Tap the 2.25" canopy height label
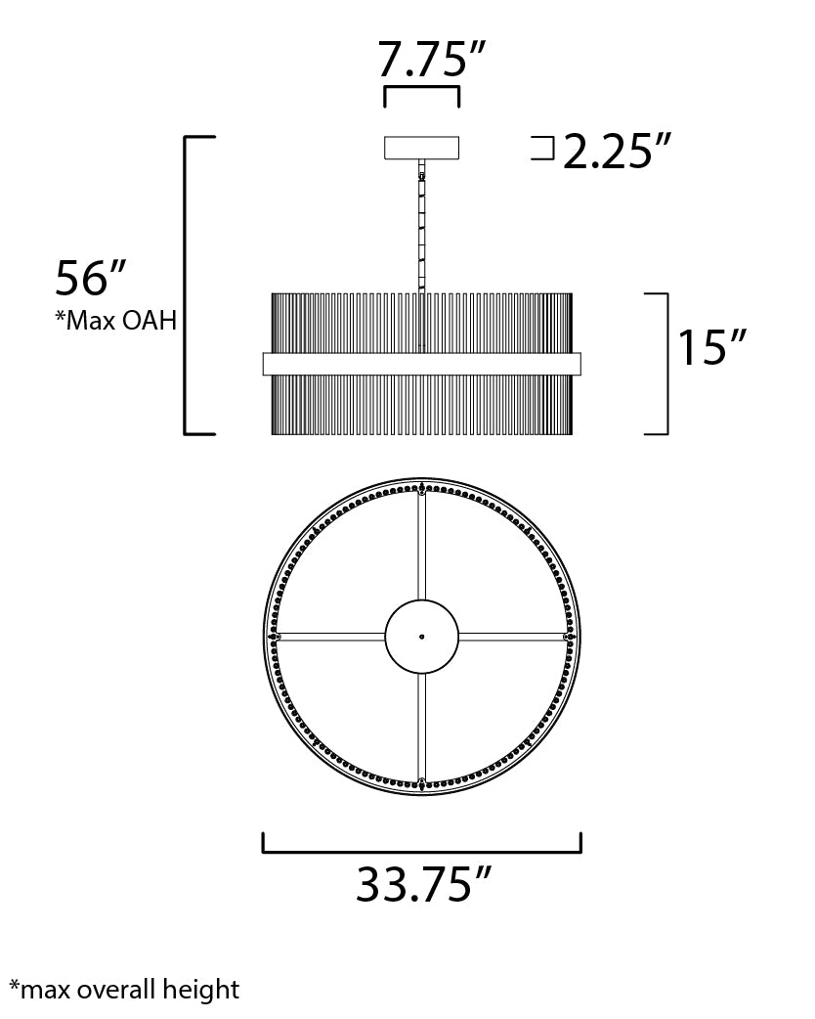[617, 151]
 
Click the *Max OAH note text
[116, 320]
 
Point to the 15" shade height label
[712, 347]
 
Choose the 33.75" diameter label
[421, 886]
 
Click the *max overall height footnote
[123, 990]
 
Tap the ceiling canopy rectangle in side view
[421, 148]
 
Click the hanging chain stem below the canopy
[422, 225]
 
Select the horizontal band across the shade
[421, 364]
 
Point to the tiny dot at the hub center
[421, 637]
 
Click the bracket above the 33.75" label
[421, 852]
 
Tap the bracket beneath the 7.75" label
[421, 89]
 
